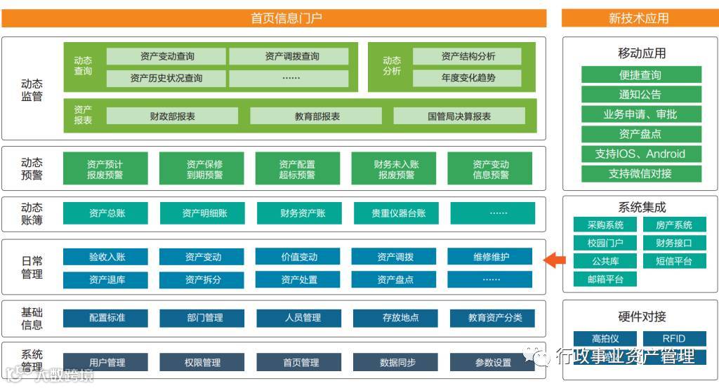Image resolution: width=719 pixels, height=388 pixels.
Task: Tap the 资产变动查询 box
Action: click(166, 56)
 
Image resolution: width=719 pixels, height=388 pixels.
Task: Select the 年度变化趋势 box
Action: click(467, 78)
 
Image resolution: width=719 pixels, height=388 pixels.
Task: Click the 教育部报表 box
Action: click(316, 116)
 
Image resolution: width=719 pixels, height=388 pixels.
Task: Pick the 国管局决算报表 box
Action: click(459, 116)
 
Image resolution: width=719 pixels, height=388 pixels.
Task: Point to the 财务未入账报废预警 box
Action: click(395, 169)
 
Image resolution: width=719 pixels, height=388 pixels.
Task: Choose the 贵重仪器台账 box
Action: click(398, 213)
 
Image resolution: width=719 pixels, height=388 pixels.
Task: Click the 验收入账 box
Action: click(107, 257)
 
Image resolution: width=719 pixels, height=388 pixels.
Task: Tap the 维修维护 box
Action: click(491, 257)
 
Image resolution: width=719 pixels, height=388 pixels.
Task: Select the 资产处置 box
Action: click(299, 280)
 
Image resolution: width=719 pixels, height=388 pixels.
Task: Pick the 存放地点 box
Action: click(395, 318)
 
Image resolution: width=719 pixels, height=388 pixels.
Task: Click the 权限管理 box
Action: click(202, 363)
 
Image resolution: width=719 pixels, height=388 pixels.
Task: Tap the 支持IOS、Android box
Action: click(641, 154)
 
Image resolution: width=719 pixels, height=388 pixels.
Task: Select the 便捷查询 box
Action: click(641, 75)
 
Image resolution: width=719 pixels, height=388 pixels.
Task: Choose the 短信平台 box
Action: click(674, 261)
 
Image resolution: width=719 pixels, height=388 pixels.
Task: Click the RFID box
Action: click(674, 338)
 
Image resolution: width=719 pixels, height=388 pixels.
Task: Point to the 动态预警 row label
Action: click(32, 169)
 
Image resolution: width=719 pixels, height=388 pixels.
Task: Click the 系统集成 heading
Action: click(641, 207)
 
